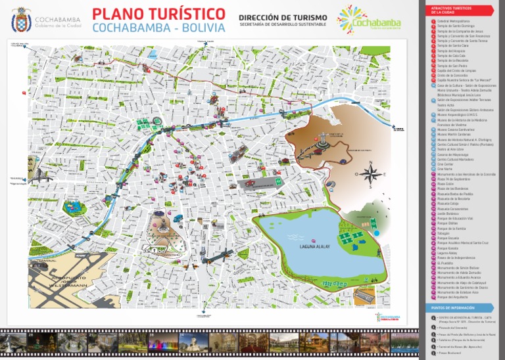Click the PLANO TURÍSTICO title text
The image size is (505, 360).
tap(158, 14)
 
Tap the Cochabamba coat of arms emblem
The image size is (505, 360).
tap(21, 23)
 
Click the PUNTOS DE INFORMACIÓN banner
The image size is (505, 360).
tap(454, 307)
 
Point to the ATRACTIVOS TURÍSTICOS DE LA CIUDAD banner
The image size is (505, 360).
tap(453, 11)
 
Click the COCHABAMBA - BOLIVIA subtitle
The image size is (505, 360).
tap(158, 28)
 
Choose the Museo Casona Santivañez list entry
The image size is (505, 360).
tap(454, 129)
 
